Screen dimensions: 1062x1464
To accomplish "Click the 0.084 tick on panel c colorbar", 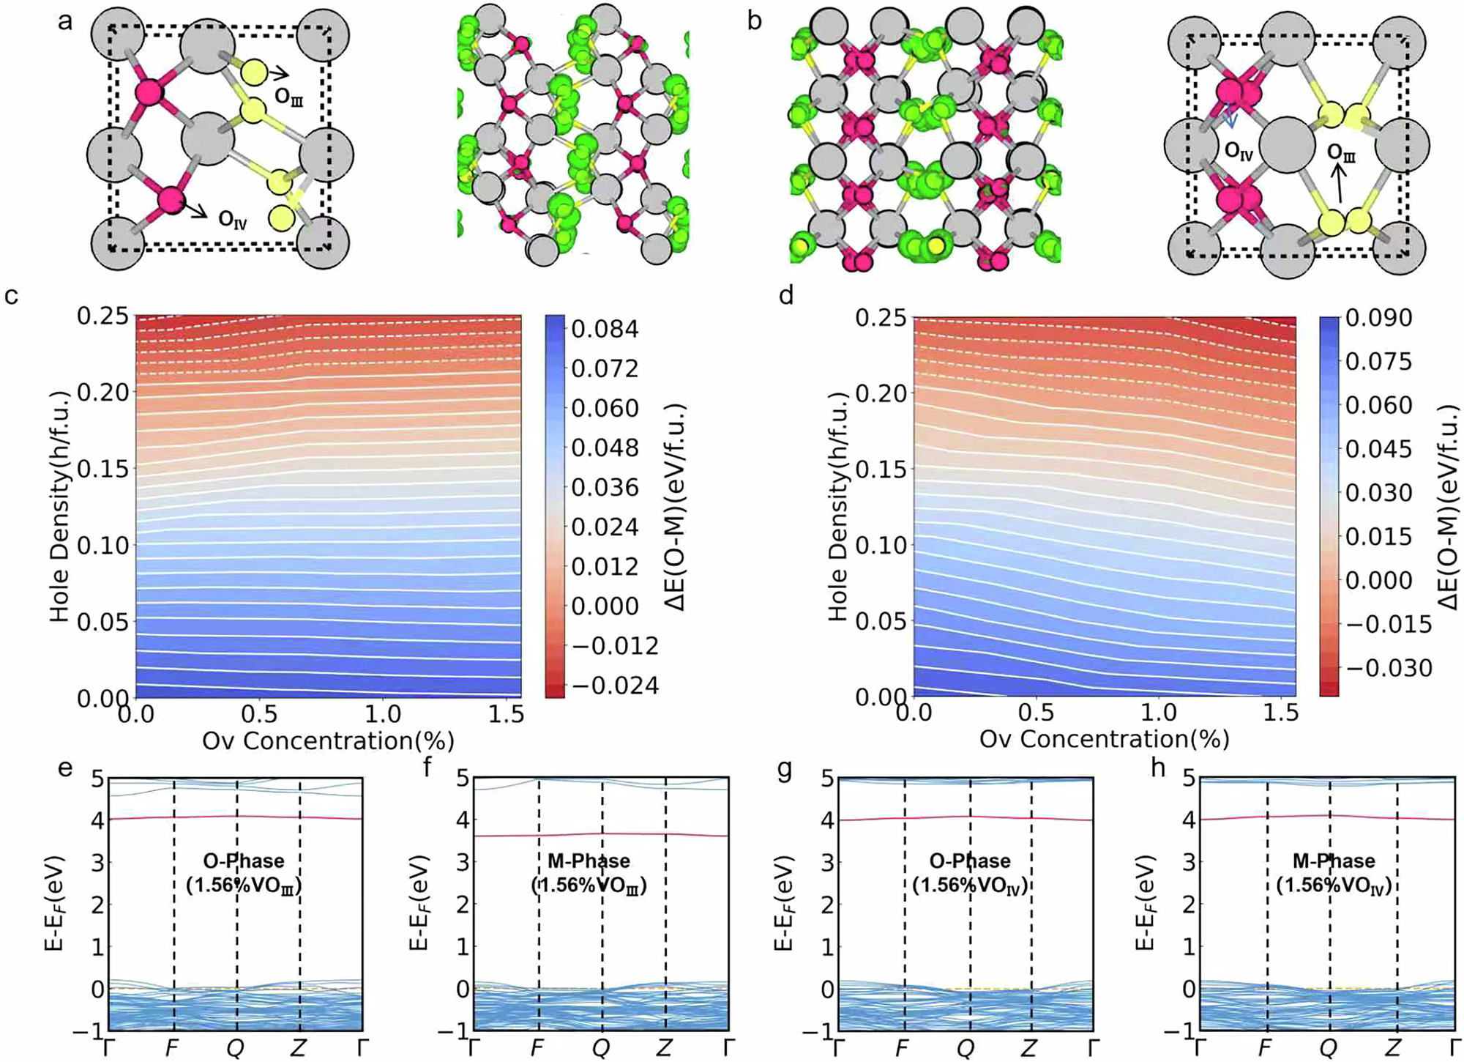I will [x=605, y=329].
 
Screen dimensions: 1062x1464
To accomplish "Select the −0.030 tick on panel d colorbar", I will [x=1388, y=668].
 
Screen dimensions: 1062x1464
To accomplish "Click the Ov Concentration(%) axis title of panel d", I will [x=1104, y=739].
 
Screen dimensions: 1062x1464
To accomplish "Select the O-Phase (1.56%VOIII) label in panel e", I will [x=243, y=873].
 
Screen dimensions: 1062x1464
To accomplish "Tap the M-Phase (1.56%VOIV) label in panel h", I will [x=1333, y=873].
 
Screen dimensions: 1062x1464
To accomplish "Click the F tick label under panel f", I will [x=537, y=1048].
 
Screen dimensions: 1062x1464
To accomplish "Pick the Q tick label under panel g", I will [x=966, y=1048].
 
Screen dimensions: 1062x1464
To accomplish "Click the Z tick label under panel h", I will [x=1393, y=1048].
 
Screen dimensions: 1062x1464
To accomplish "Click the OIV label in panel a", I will [x=233, y=219].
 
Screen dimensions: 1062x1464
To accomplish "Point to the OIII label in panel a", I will [x=288, y=97].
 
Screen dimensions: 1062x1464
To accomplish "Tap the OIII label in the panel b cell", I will [x=1341, y=153].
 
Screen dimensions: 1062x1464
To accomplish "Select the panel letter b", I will [x=755, y=21].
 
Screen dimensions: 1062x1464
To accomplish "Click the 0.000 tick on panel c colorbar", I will [x=605, y=606].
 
